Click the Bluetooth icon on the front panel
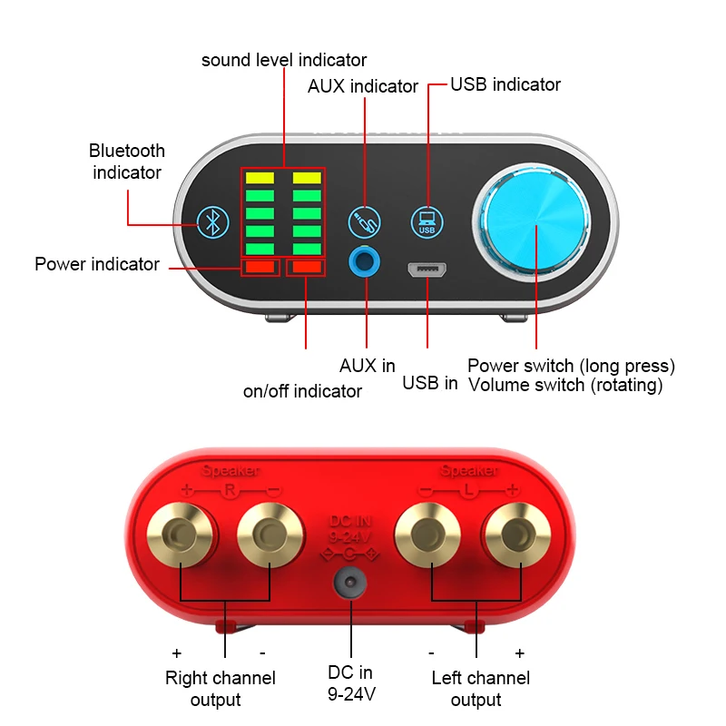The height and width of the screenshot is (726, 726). (x=213, y=220)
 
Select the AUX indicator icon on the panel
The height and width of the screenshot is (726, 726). (x=365, y=220)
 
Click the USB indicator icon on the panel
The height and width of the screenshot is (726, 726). (x=427, y=221)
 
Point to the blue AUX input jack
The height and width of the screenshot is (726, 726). (x=366, y=262)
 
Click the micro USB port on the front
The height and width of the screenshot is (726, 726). (x=427, y=270)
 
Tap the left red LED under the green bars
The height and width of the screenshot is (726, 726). (x=260, y=267)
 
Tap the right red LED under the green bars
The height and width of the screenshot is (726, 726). (x=307, y=267)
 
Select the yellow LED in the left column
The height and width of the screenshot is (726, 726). (x=260, y=178)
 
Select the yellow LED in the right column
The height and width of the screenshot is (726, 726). (x=307, y=178)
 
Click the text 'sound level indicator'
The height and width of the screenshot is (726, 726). (x=284, y=61)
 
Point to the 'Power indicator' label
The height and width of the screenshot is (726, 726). (x=97, y=265)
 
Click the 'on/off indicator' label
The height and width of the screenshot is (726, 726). (x=302, y=391)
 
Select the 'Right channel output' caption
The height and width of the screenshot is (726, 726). (x=220, y=689)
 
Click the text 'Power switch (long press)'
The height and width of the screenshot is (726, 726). (x=571, y=366)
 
